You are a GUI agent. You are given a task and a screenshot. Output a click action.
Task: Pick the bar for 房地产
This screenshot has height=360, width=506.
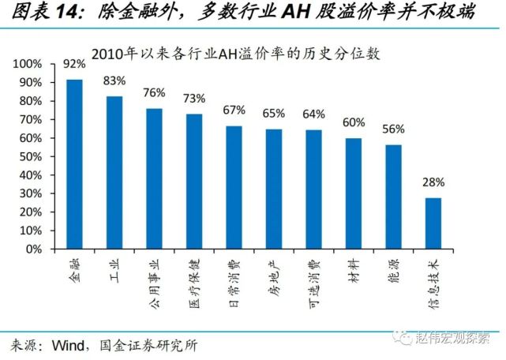click(274, 189)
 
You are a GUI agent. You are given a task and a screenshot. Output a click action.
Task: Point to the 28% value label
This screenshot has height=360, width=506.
click(433, 183)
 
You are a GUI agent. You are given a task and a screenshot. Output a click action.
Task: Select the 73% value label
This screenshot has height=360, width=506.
click(194, 99)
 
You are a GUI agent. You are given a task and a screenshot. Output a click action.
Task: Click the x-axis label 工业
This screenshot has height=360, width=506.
click(114, 266)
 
